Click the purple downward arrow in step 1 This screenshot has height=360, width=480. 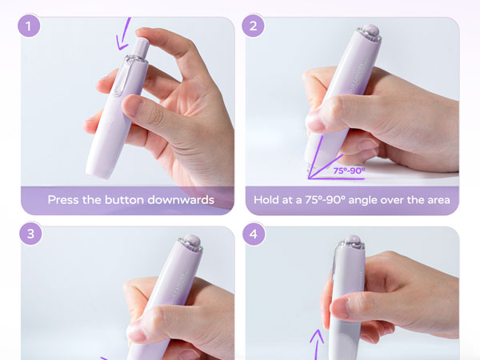click(x=125, y=34)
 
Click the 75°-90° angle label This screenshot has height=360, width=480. click(x=349, y=170)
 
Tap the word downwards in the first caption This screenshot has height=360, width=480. click(x=186, y=200)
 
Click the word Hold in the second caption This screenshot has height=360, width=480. click(x=266, y=200)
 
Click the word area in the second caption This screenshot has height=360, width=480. click(x=436, y=200)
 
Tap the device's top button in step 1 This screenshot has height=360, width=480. click(x=140, y=46)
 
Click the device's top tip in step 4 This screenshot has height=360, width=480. click(x=352, y=241)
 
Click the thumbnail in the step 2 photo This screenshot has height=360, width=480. click(x=316, y=123)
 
